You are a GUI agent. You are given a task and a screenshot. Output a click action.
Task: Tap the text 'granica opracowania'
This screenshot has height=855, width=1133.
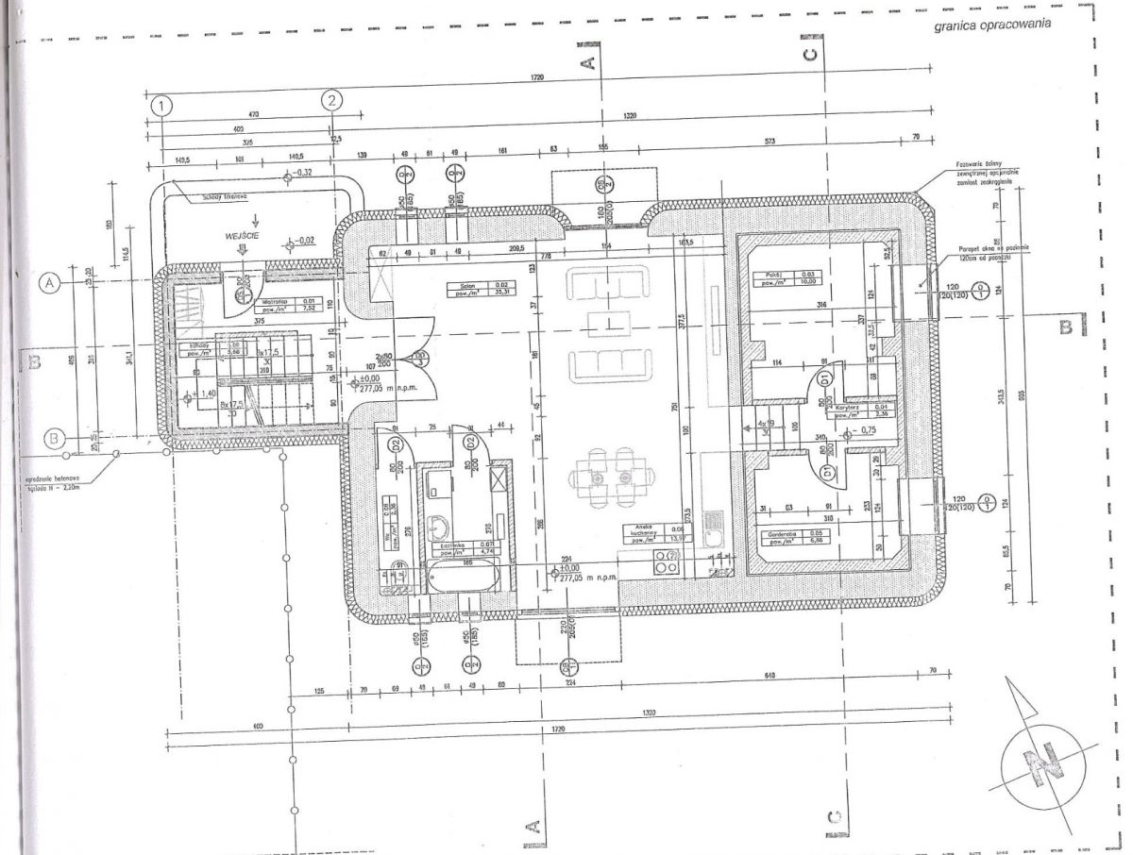click(x=991, y=26)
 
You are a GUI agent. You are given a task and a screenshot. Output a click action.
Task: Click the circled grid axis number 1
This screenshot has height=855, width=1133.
click(x=162, y=105)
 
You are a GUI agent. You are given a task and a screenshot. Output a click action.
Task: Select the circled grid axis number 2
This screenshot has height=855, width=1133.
click(x=331, y=100)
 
